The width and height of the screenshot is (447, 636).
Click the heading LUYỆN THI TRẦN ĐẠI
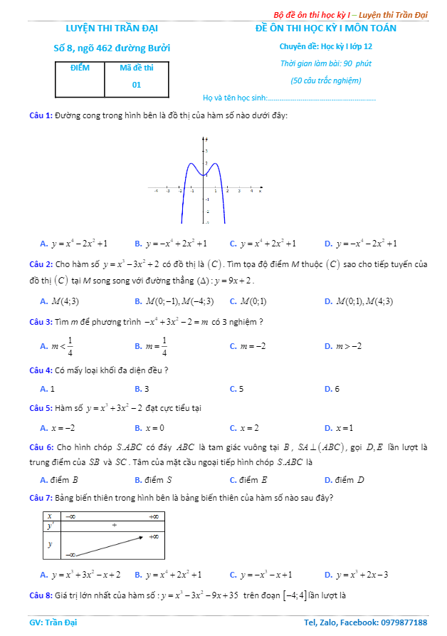pos(112,28)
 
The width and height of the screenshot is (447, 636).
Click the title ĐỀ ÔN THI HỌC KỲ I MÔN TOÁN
pos(326,28)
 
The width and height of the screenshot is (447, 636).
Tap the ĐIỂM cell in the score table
pos(80,68)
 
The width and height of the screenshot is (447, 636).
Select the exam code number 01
pos(137,85)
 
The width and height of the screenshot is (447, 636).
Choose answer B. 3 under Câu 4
pos(142,389)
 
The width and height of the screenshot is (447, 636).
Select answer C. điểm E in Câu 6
pos(248,480)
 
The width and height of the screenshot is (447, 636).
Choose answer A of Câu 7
pos(80,575)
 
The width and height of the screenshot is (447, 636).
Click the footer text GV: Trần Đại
pos(53,622)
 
